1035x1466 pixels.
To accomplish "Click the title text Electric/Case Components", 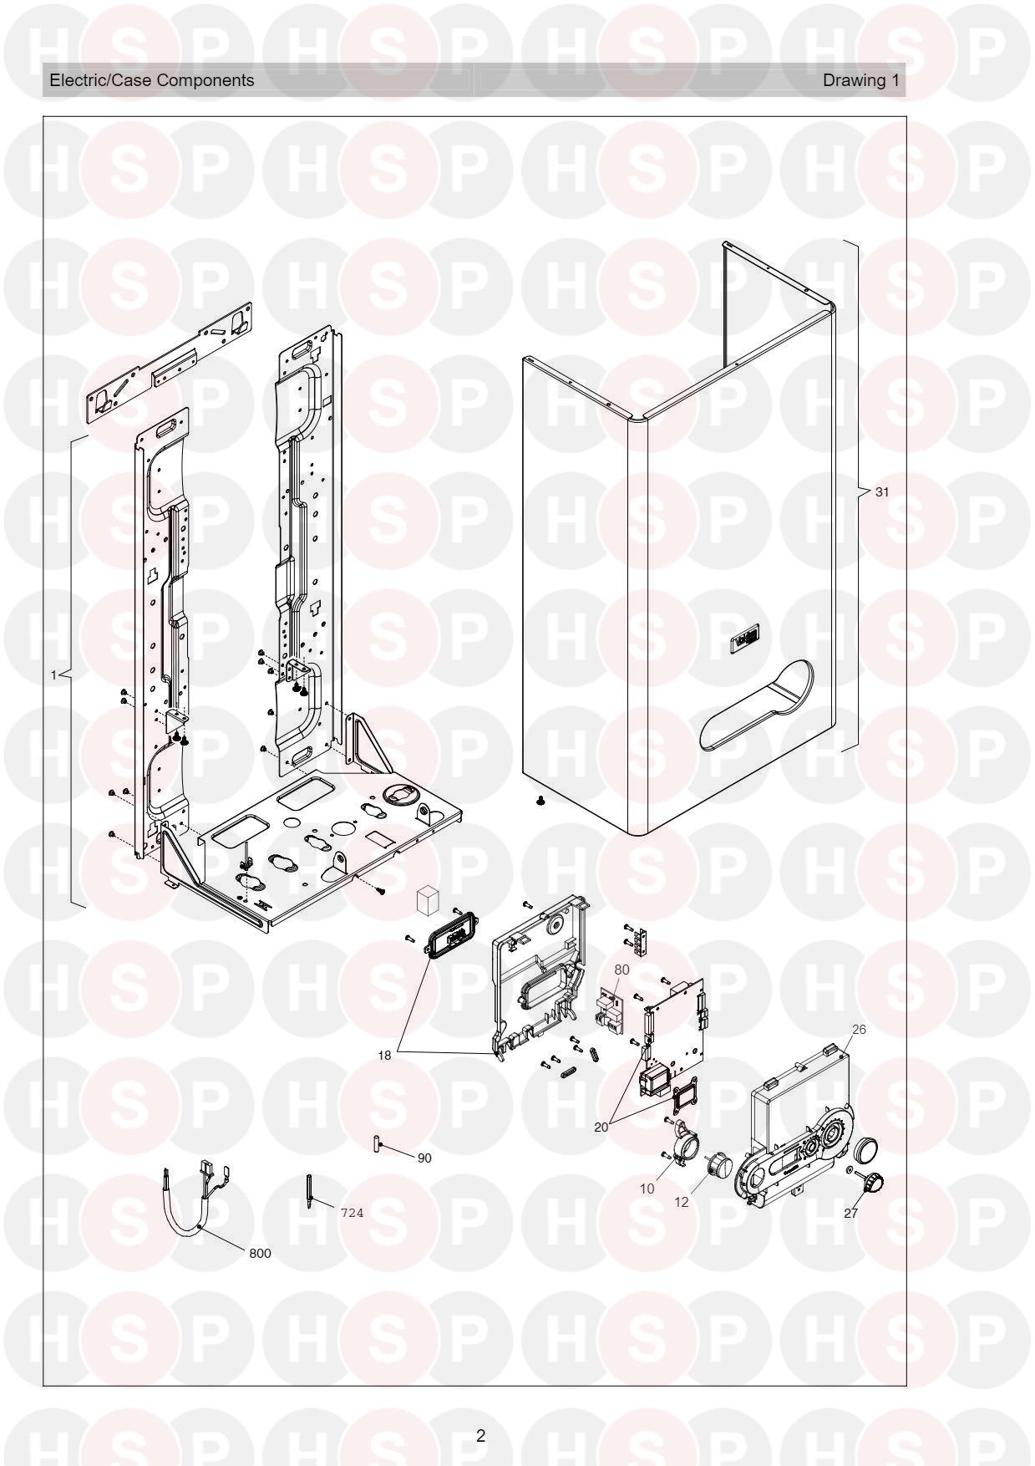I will coord(152,80).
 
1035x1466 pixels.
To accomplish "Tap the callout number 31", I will coord(882,492).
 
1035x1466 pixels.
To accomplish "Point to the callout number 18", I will coord(384,1056).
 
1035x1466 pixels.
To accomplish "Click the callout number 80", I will coord(622,970).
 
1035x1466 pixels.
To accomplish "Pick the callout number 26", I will coord(859,1029).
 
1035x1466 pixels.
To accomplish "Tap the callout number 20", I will coord(601,1127).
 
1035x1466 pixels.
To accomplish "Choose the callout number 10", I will coord(647,1189).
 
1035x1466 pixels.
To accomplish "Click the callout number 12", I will coord(682,1202).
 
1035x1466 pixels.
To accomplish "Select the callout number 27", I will coord(850,1214).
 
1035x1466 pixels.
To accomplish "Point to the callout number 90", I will coord(424,1158).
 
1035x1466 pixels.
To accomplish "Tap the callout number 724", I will coord(352,1213).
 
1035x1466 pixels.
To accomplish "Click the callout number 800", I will coord(260,1254).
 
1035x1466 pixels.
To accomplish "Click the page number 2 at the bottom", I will coord(480,1436).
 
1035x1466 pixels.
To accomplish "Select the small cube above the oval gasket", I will coord(428,901).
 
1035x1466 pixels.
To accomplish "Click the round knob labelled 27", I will coord(873,1182).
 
